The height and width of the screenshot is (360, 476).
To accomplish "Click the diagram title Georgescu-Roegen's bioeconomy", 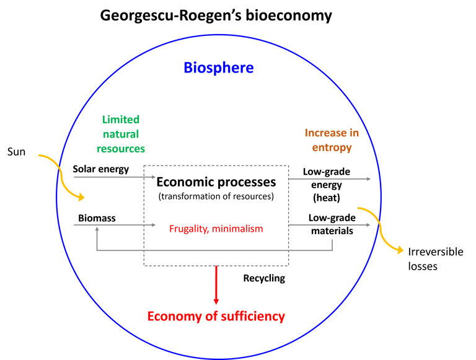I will pos(216,15).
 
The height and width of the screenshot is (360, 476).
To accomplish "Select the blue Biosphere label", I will pos(218,68).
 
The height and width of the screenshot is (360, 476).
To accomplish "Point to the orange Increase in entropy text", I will pos(331,140).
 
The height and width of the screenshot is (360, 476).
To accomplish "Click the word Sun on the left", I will pos(17,151).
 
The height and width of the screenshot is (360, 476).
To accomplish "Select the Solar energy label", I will pos(100,169).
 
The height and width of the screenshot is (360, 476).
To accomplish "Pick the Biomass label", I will pos(97,218).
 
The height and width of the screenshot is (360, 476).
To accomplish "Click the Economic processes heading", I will pos(216,182).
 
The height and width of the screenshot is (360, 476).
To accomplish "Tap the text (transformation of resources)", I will pos(216,196).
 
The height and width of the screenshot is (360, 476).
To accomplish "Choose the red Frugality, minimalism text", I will pos(216,229).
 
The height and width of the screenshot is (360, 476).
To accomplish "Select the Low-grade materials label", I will pos(330,224).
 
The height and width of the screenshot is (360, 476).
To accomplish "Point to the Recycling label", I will pos(264,278).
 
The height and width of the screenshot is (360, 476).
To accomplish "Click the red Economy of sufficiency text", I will pos(216,316).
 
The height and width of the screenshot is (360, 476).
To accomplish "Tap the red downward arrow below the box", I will pos(216,285).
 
